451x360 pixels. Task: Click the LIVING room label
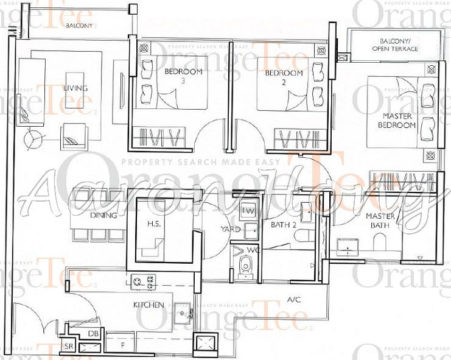(75, 88)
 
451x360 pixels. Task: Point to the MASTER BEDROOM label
(399, 120)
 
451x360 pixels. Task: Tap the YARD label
(228, 230)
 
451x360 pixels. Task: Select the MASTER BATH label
(380, 221)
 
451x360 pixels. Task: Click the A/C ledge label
(294, 300)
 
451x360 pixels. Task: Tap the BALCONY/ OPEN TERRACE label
(394, 45)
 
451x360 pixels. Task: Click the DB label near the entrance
(93, 333)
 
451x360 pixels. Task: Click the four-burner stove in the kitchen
(143, 281)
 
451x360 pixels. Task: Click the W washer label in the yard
(248, 210)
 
